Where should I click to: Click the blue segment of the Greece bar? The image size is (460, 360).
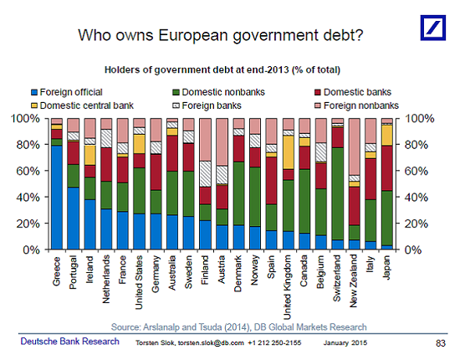pos(57,198)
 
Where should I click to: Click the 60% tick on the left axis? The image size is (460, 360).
pos(29,171)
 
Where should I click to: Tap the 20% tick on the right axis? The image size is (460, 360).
pos(417,224)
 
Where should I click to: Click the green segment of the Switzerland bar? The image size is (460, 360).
pos(338,193)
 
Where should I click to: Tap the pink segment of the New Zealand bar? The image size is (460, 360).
pos(355,147)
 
